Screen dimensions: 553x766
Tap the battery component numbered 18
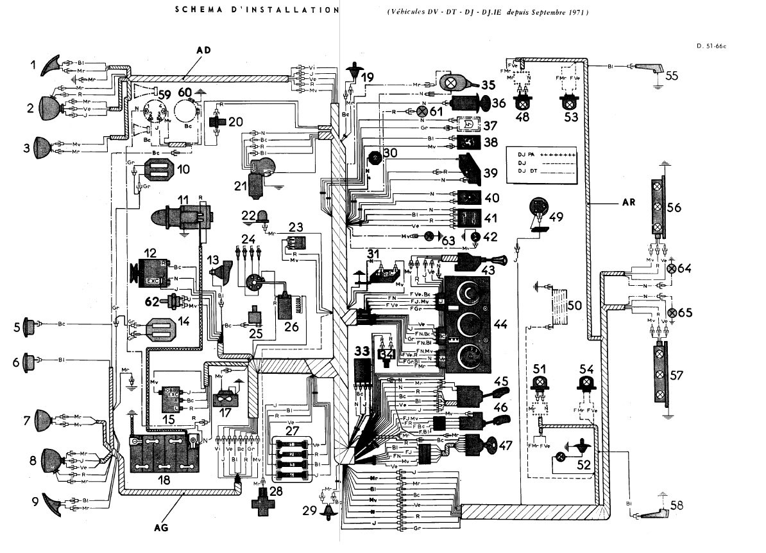[x=163, y=453]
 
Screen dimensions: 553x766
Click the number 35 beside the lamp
[x=489, y=84]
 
